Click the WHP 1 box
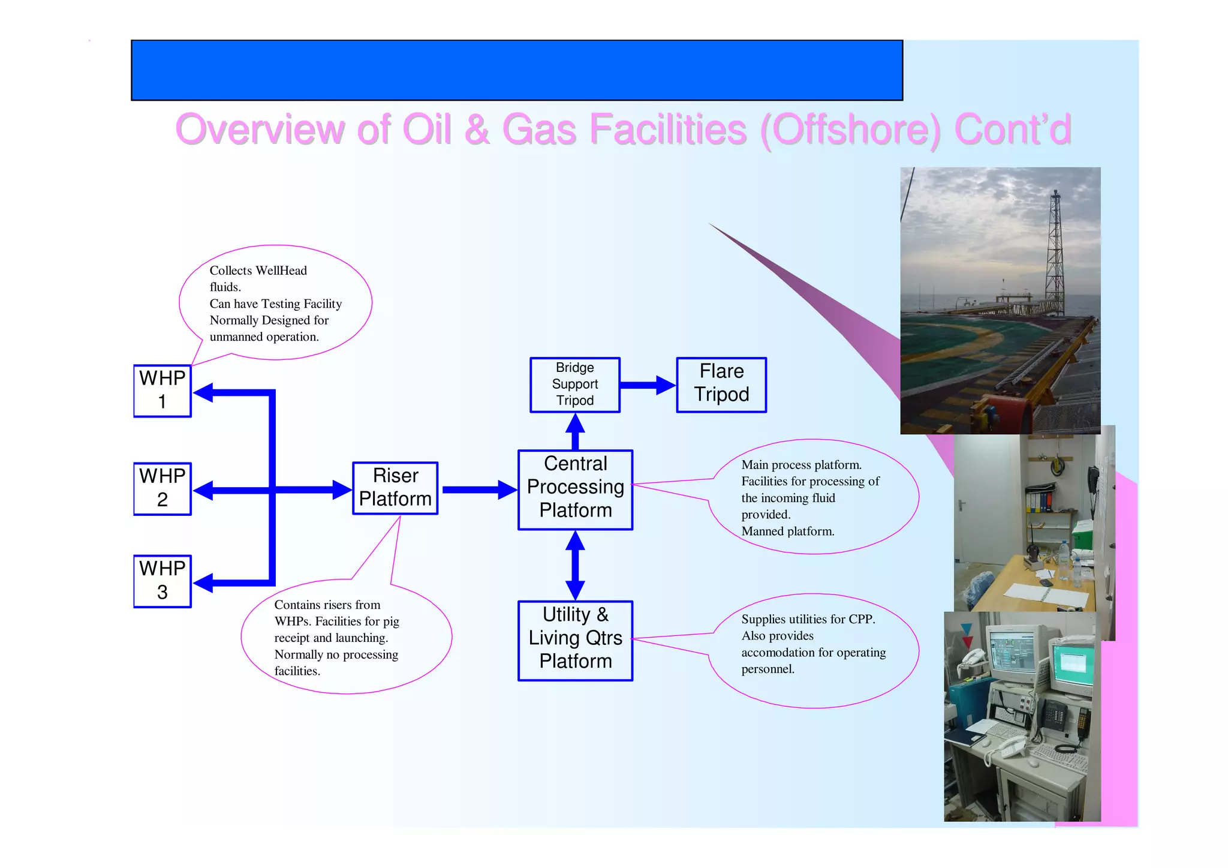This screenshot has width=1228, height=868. (x=162, y=391)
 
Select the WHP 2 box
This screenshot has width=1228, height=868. (x=162, y=488)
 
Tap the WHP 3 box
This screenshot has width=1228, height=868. (x=162, y=581)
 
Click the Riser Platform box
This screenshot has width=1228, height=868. (x=395, y=488)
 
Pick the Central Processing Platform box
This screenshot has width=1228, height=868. (x=575, y=489)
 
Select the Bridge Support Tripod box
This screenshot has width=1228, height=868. (x=574, y=385)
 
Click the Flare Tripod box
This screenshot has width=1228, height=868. (x=721, y=385)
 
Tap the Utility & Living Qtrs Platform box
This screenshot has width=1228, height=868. (x=575, y=640)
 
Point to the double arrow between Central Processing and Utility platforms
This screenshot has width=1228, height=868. (x=575, y=565)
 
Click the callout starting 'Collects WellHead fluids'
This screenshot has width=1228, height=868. (x=276, y=303)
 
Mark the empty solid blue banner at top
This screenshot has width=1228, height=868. (x=516, y=70)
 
